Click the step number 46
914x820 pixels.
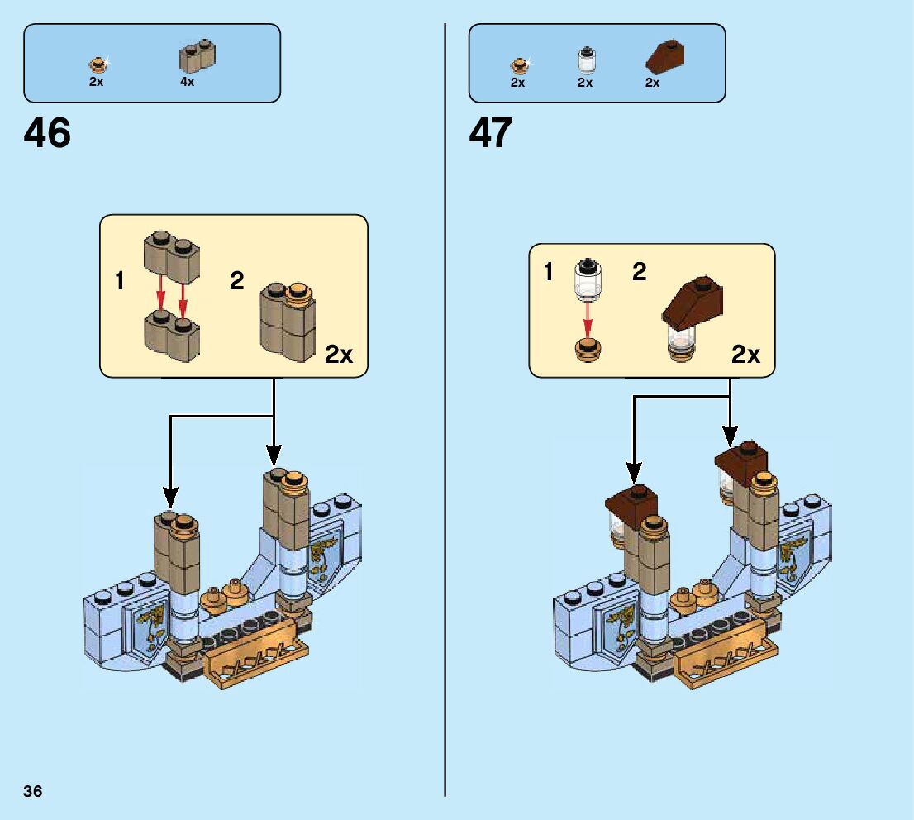coord(48,132)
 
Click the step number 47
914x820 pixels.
coord(491,132)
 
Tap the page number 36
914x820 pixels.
coord(33,791)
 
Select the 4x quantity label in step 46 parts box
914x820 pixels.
coord(188,82)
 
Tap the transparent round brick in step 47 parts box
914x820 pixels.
coord(585,60)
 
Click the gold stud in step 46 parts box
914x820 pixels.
coord(98,64)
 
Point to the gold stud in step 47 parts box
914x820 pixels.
coord(519,64)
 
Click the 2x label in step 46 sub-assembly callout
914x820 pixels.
coord(338,355)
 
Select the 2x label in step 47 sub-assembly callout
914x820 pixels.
coord(745,355)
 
